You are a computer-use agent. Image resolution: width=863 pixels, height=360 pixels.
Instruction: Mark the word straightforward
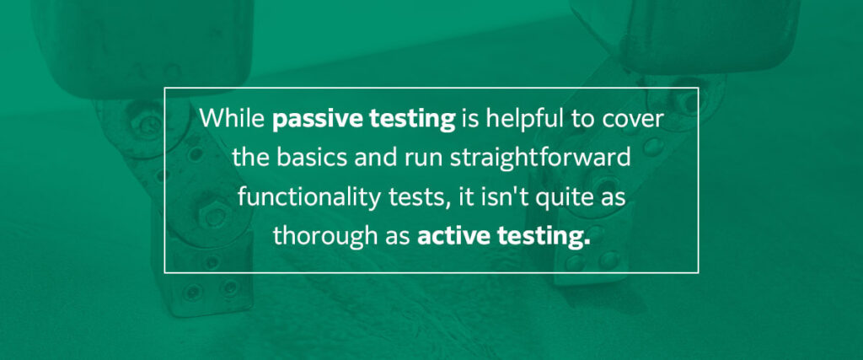533,159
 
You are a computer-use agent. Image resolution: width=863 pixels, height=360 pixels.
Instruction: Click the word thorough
323,236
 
